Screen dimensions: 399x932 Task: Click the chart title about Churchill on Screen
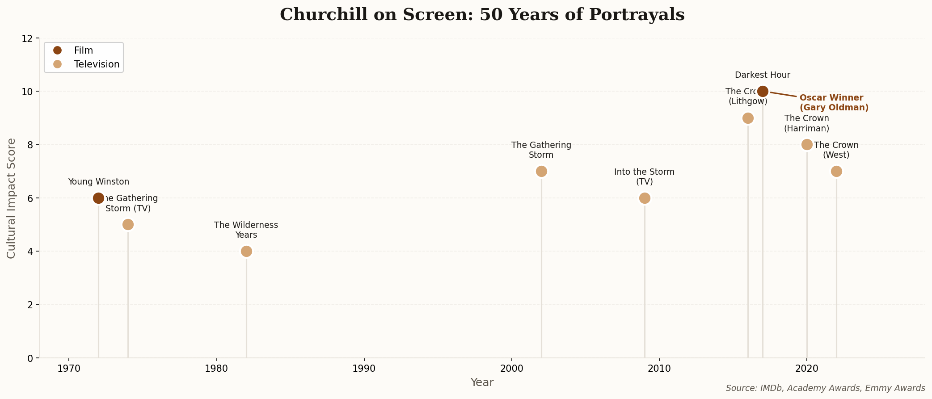pos(482,15)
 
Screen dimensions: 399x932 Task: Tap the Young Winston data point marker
pos(98,198)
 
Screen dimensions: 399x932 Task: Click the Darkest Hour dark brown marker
pos(763,91)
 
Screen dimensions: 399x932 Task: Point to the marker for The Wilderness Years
pos(246,251)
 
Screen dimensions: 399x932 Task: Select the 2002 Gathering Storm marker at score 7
pos(541,171)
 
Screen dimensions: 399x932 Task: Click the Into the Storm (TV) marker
pos(645,198)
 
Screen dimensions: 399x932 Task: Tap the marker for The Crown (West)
pos(836,171)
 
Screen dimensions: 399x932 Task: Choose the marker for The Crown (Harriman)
pos(807,144)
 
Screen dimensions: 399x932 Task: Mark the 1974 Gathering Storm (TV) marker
pos(128,224)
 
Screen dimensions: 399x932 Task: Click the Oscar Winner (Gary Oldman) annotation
pos(834,103)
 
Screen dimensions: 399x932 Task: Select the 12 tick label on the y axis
pos(28,38)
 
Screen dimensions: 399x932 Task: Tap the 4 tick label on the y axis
pos(30,251)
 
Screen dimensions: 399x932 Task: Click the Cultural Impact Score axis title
pos(12,198)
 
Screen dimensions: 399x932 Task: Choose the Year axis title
pos(482,382)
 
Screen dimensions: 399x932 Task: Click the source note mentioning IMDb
pos(825,388)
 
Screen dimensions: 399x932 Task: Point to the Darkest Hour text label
pos(763,75)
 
